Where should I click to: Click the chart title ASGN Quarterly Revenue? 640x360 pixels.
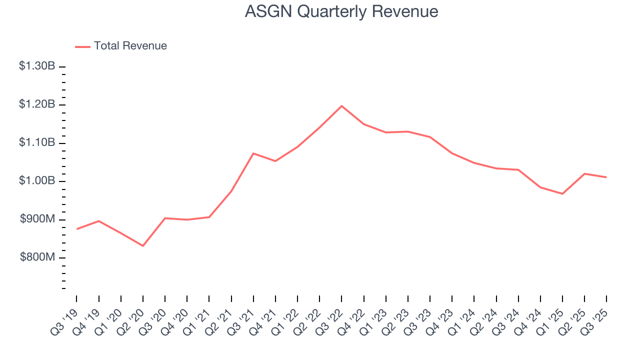coord(341,11)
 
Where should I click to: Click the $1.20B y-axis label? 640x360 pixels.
coord(37,104)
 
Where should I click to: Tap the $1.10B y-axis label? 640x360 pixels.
coord(37,143)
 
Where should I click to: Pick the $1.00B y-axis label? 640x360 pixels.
coord(37,181)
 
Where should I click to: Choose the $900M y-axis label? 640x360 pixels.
coord(37,219)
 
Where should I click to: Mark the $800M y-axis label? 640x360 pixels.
coord(37,257)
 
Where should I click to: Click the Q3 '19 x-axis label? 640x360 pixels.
coord(66,317)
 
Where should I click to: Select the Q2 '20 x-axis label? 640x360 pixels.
coord(132,317)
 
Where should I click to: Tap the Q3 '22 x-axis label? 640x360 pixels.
coord(330,317)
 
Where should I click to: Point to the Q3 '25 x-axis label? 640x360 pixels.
coord(595,317)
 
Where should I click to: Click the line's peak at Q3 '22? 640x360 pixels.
coord(341,106)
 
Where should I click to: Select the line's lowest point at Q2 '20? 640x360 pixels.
coord(143,245)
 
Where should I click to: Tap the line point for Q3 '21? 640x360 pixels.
coord(253,153)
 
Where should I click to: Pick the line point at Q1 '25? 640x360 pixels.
coord(562,193)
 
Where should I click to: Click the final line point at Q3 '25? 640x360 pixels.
coord(606,177)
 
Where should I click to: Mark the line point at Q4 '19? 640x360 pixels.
coord(99,221)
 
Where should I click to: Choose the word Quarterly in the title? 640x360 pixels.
coord(329,11)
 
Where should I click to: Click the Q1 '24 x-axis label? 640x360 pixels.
coord(463,317)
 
